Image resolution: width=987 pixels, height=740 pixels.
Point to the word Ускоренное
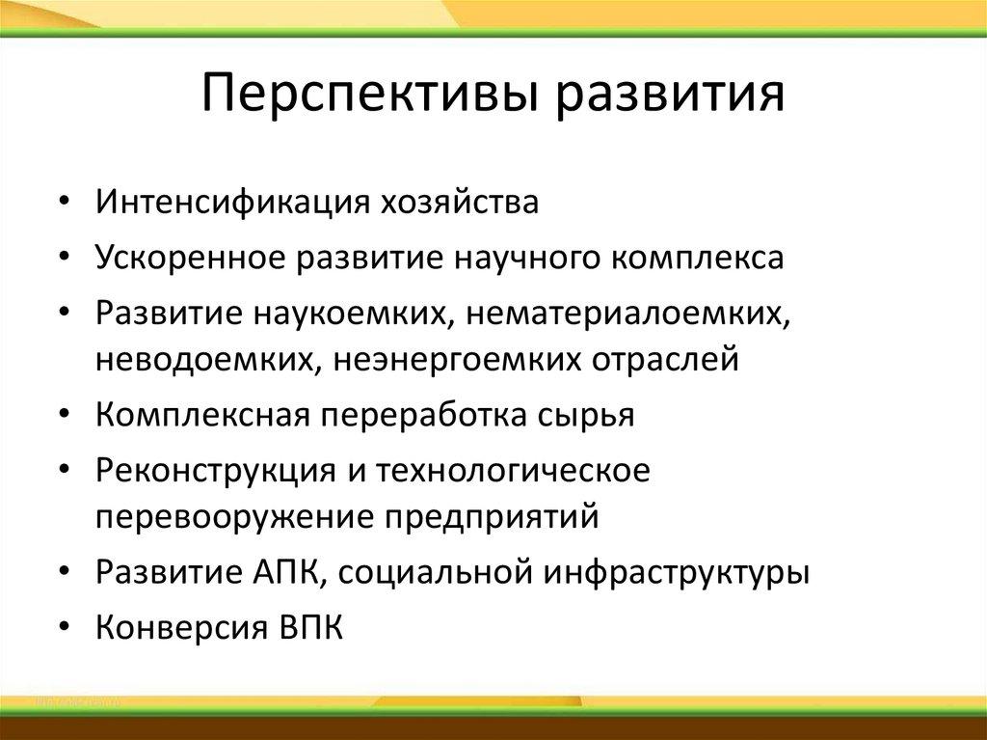(192, 258)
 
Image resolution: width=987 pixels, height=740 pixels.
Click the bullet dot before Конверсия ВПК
(63, 628)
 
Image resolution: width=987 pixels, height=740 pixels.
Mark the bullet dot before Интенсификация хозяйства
(63, 205)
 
